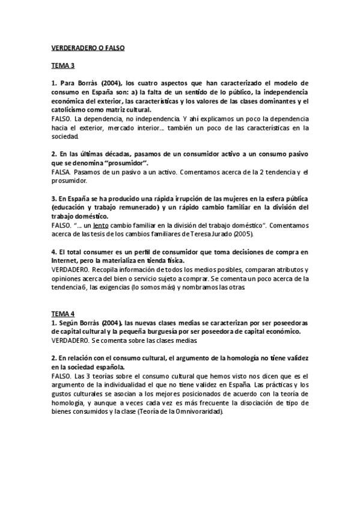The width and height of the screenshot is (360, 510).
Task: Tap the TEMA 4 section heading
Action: coord(63,314)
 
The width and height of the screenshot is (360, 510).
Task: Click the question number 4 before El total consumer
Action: coord(53,253)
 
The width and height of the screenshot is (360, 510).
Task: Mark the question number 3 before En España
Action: coord(53,198)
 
